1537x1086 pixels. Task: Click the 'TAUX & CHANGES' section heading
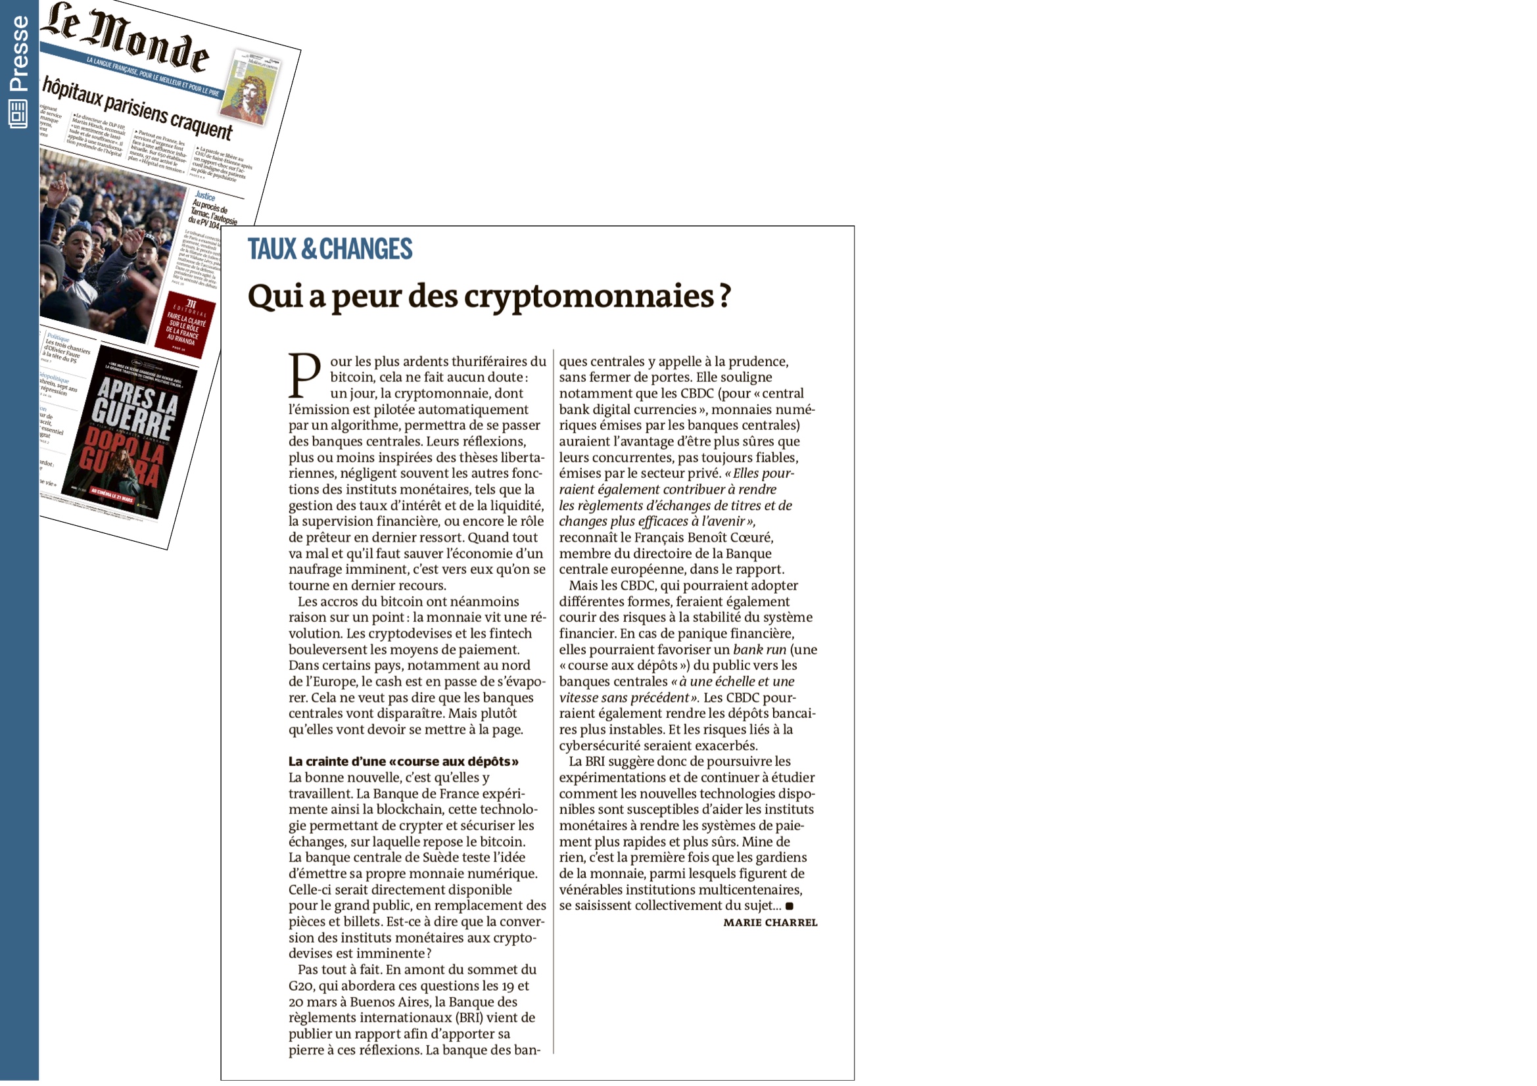(329, 249)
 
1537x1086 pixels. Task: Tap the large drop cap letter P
(304, 375)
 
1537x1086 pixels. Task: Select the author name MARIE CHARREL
(770, 922)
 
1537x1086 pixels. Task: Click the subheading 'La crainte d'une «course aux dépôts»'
(403, 761)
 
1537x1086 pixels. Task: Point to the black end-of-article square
(790, 906)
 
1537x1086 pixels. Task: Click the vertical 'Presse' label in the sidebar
(19, 53)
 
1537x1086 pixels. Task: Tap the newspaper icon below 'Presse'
(18, 114)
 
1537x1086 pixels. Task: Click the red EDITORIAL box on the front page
(185, 325)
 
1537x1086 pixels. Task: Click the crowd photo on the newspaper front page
(107, 248)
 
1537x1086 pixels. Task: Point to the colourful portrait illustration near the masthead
(251, 90)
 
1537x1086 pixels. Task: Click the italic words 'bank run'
(759, 649)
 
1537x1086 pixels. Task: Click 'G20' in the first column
(301, 985)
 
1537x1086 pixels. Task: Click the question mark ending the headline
(724, 295)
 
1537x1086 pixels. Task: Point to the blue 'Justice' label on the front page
(205, 196)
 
